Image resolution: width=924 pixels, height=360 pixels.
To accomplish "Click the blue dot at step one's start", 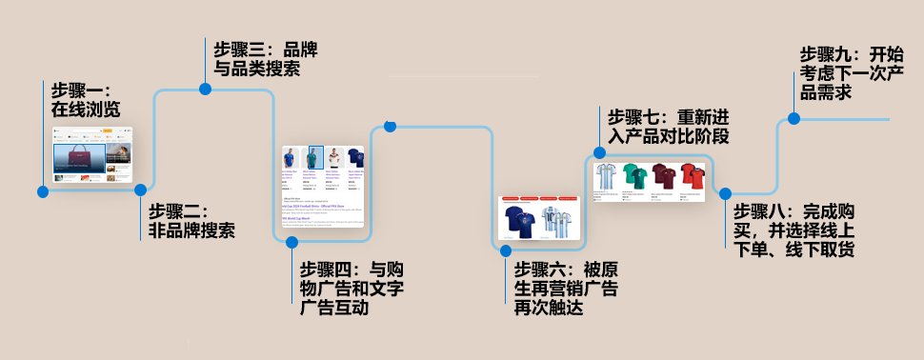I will (x=43, y=191).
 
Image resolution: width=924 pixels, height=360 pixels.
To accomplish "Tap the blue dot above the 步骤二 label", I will (x=142, y=190).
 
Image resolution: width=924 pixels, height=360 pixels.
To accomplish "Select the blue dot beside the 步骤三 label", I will (x=205, y=89).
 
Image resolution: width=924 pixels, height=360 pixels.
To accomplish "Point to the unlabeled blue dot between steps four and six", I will (x=390, y=126).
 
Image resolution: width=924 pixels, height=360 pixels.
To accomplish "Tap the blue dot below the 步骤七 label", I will (x=600, y=152).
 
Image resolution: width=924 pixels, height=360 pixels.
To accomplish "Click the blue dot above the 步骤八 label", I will (x=725, y=193).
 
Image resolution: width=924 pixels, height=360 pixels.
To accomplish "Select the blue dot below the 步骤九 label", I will (x=793, y=119).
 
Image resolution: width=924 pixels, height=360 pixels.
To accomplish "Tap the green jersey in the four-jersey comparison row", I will (x=634, y=177).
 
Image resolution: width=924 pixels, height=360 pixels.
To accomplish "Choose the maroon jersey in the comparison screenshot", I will (x=664, y=177).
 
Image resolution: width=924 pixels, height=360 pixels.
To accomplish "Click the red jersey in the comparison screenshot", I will (x=694, y=177).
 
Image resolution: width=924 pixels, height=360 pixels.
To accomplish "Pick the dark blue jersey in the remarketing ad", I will (x=520, y=221).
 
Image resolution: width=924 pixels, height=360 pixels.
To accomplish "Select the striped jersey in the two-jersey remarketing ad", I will (x=555, y=221).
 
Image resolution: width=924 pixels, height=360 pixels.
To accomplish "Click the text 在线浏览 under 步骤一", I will (x=86, y=110).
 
